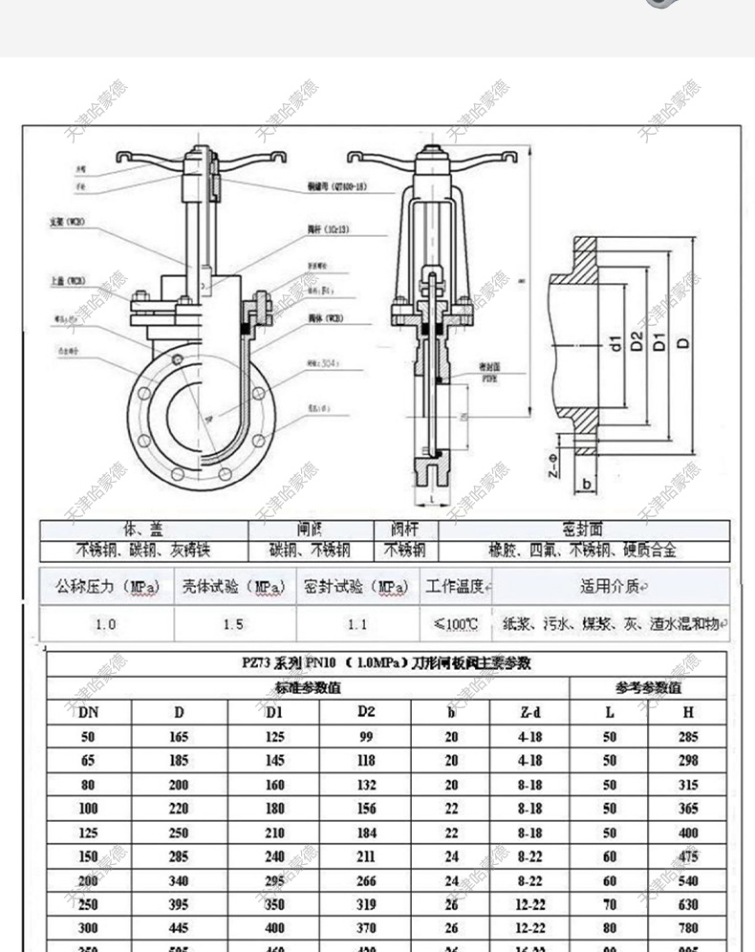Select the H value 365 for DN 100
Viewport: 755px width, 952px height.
click(x=688, y=809)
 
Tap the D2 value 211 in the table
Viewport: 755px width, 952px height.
click(x=366, y=856)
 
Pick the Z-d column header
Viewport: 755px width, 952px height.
click(x=529, y=712)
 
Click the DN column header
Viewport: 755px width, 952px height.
click(x=88, y=712)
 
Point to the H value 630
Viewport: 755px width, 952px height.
click(x=688, y=904)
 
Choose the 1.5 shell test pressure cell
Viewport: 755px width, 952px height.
click(x=233, y=624)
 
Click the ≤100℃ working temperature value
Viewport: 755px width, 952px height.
click(x=456, y=624)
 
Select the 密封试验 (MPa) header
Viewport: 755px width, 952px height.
click(x=356, y=587)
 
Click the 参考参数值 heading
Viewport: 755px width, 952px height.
click(x=648, y=687)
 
